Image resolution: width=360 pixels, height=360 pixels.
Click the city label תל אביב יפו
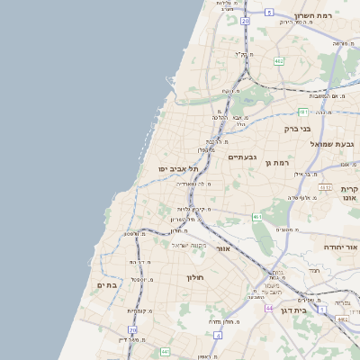tap(177, 168)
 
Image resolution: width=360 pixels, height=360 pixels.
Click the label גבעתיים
tap(242, 157)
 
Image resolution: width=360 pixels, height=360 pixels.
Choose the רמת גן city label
tap(275, 163)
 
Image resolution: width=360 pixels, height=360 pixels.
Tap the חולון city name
tap(196, 278)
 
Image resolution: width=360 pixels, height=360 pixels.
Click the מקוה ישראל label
tap(189, 246)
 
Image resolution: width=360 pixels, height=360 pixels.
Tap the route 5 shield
tap(268, 12)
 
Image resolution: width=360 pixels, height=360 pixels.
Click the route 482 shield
tap(279, 61)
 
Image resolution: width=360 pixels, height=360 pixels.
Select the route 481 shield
tap(304, 112)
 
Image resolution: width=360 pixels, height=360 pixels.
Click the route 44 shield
tap(268, 309)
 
